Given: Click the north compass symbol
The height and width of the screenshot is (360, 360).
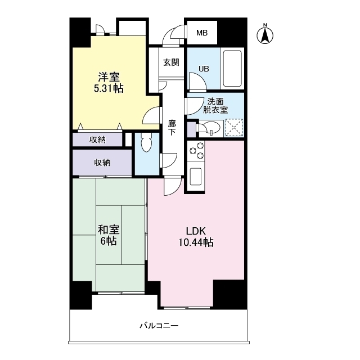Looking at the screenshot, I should pos(265,34).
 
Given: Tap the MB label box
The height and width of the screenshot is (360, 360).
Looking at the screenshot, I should pos(201,33).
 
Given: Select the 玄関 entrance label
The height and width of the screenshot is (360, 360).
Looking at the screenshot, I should pos(171,62).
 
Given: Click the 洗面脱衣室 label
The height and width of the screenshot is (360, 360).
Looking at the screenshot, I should pos(217,106).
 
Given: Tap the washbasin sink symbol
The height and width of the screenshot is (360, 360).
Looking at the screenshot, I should pos(210,128).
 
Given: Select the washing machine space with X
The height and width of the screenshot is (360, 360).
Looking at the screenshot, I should pos(233,128).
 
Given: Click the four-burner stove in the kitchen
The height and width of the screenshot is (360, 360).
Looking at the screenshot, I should pos(196,151).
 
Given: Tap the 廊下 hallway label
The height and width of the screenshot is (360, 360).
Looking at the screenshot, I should pos(172,128).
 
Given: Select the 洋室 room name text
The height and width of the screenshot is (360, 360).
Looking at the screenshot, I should pos(109,77).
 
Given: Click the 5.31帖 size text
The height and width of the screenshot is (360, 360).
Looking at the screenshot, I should pos(109,89).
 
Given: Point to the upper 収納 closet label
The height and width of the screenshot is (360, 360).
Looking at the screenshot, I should pos(98,139).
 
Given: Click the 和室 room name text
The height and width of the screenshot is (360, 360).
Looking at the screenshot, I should pos(109,229).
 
